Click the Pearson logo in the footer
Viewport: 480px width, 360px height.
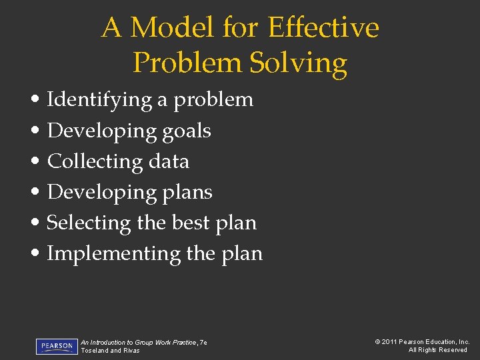pyautogui.click(x=57, y=347)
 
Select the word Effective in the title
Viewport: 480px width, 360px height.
pyautogui.click(x=323, y=28)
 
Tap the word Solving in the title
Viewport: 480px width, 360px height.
pyautogui.click(x=298, y=63)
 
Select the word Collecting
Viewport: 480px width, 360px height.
pyautogui.click(x=95, y=161)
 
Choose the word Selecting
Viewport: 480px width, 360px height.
pyautogui.click(x=89, y=223)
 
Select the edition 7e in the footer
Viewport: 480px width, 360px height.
pyautogui.click(x=203, y=342)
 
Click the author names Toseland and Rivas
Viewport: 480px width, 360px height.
pyautogui.click(x=111, y=351)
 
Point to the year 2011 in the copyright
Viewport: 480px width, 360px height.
pyautogui.click(x=390, y=342)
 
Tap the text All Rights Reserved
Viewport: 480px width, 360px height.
pyautogui.click(x=438, y=350)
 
